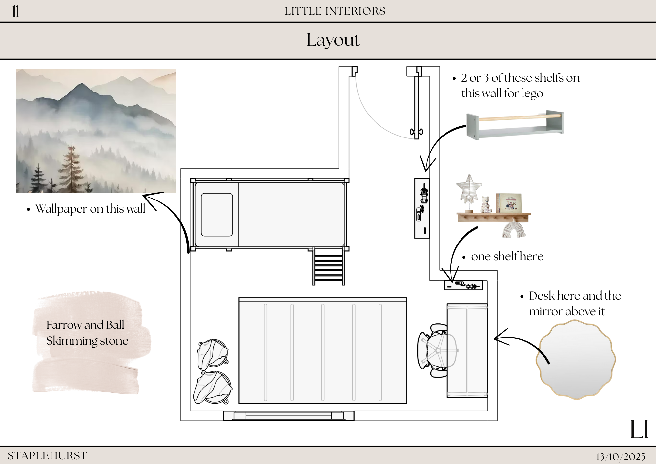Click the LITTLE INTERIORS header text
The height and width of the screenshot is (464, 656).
335,11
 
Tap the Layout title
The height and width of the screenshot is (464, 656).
333,40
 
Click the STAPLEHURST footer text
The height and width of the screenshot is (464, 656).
47,455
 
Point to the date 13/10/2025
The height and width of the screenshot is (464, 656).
621,456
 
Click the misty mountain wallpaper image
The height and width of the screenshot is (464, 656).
96,130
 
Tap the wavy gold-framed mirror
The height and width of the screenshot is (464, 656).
576,360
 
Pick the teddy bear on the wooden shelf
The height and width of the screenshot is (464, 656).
486,204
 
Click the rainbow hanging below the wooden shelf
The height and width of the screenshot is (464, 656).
514,229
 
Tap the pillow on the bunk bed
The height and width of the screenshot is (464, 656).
217,215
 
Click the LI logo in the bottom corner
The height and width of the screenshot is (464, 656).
639,429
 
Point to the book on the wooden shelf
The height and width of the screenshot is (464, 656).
509,203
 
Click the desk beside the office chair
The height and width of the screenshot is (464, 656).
467,350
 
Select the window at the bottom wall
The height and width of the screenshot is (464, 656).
289,416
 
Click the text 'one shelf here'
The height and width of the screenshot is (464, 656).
507,256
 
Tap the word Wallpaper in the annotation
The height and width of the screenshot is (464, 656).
61,209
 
